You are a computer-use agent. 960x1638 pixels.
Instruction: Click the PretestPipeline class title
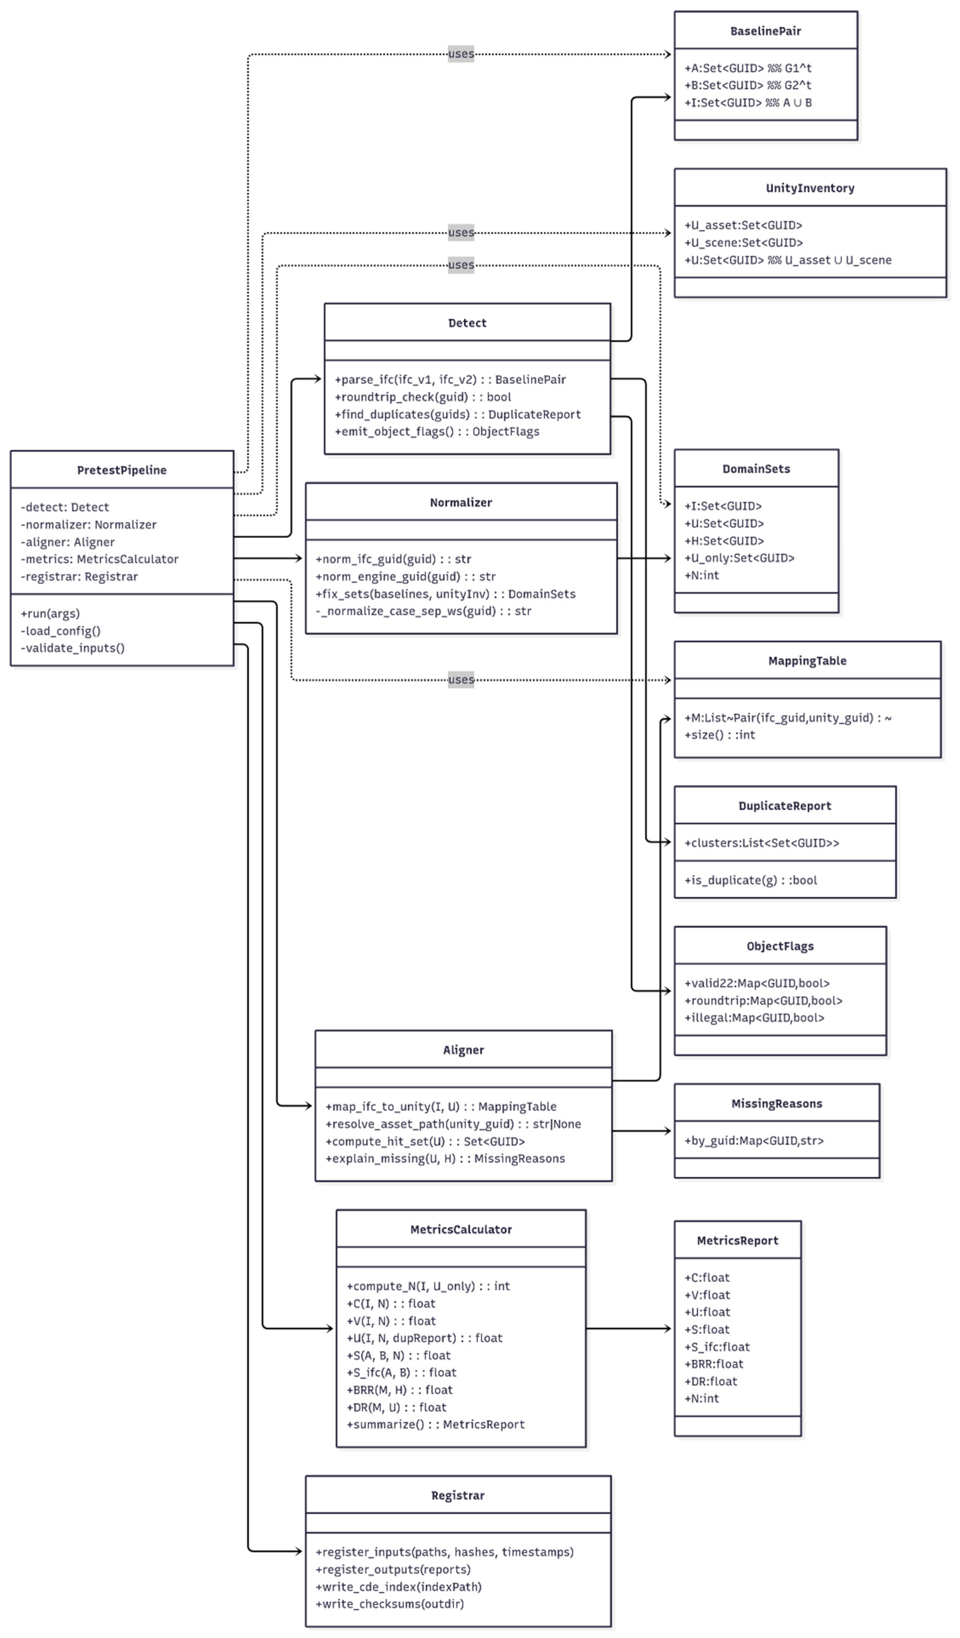click(121, 470)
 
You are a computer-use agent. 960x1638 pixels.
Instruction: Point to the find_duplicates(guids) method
click(457, 414)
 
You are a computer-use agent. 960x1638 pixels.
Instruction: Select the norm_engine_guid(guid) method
click(406, 576)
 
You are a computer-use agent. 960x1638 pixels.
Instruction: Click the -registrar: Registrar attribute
click(79, 576)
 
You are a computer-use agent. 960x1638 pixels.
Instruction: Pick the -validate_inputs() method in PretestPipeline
click(73, 648)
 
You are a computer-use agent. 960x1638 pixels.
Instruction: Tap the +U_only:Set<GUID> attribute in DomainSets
click(739, 558)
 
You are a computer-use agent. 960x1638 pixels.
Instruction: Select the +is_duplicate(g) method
click(750, 880)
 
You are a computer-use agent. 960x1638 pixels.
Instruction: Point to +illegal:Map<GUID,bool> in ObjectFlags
click(754, 1018)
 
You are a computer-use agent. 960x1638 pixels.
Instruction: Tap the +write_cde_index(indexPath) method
click(399, 1587)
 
